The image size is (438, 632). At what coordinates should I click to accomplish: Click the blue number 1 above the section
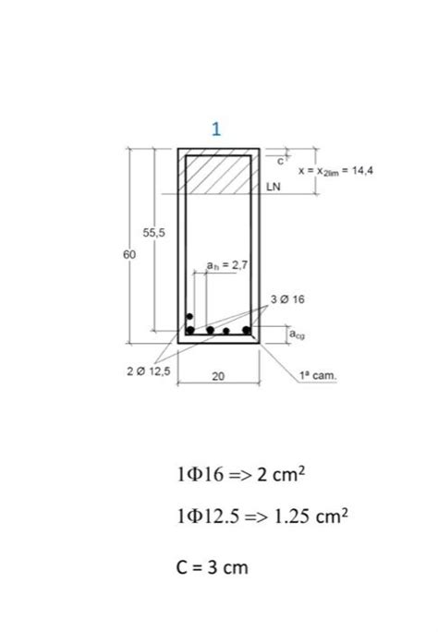[215, 128]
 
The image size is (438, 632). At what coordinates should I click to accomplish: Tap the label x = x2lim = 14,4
[335, 171]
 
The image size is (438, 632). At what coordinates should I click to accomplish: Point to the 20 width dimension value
[218, 376]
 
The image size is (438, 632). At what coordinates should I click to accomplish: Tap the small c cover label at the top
[283, 161]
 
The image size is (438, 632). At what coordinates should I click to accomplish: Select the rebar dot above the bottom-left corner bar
[190, 316]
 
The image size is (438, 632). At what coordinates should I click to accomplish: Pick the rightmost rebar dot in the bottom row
[247, 328]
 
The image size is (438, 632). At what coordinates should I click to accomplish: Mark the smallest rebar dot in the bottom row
[226, 330]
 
